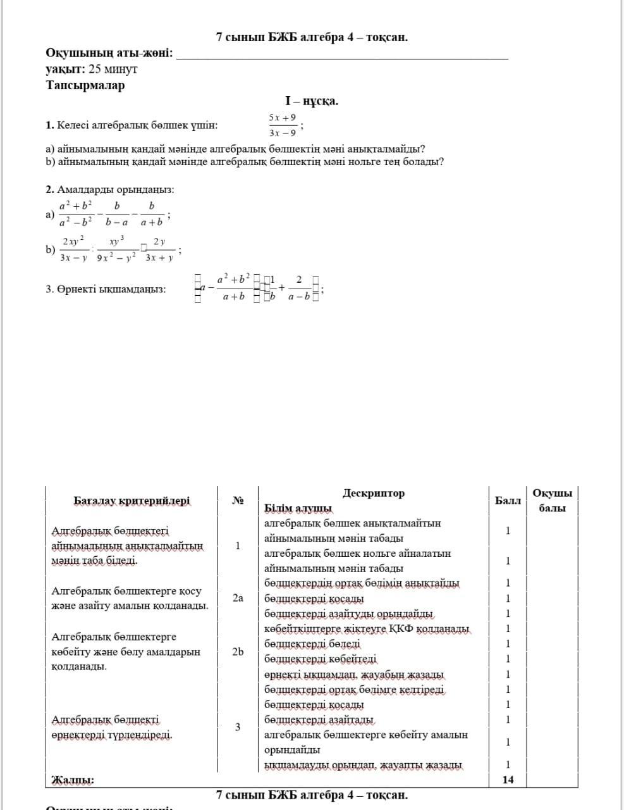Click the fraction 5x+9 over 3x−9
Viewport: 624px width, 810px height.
[282, 125]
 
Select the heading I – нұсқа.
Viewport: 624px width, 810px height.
[312, 101]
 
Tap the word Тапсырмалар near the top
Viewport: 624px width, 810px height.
[85, 85]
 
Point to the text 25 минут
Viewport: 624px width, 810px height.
[113, 70]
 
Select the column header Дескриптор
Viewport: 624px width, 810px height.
[374, 494]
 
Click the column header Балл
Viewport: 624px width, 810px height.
[508, 501]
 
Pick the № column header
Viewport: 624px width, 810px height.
[238, 501]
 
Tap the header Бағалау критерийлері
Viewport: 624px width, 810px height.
[132, 501]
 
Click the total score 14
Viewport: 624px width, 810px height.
[508, 780]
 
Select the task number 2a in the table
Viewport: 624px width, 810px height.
[238, 597]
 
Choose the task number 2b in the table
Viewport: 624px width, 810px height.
[238, 651]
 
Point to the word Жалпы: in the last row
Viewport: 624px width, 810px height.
[72, 780]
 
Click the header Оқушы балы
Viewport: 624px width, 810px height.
[552, 501]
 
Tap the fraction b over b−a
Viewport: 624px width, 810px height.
[117, 214]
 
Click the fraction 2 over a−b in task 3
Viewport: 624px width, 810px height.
[299, 288]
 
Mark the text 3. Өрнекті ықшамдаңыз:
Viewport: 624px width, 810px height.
[106, 289]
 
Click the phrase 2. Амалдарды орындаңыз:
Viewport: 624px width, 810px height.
[110, 190]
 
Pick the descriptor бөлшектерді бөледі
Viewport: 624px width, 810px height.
[312, 644]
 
